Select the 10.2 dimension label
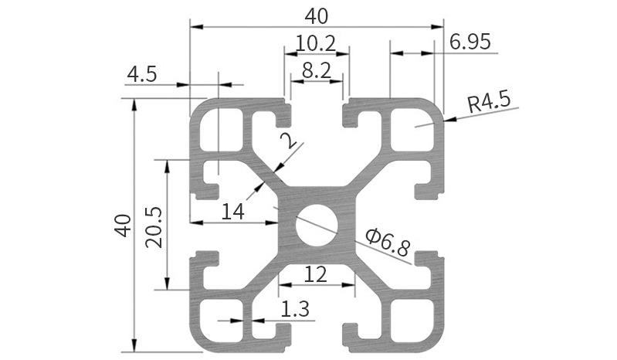pyautogui.click(x=317, y=44)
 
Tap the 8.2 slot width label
pyautogui.click(x=317, y=70)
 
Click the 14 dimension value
pyautogui.click(x=231, y=211)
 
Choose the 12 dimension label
pyautogui.click(x=315, y=273)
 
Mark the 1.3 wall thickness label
pyautogui.click(x=294, y=309)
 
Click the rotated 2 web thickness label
pyautogui.click(x=288, y=141)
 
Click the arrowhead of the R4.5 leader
pyautogui.click(x=448, y=119)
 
